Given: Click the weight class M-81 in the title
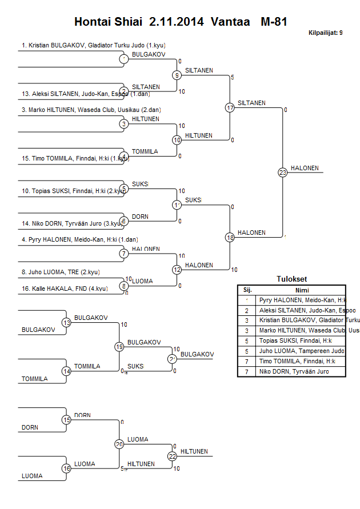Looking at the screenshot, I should (273, 22).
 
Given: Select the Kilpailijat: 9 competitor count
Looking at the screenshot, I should (325, 33).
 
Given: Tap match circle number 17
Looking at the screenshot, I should (230, 107).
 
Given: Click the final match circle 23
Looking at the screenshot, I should (282, 173).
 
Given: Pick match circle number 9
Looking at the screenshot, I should (177, 75).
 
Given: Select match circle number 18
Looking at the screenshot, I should (230, 237).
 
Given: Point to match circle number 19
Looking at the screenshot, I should (119, 347).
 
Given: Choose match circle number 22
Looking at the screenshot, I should (172, 456).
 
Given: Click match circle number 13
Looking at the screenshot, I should (66, 323).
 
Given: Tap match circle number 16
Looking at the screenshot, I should (66, 468).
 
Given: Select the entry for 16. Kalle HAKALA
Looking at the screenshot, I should (64, 288).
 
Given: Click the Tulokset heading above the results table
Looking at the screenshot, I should (291, 279).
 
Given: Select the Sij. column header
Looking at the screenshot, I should (247, 290).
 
